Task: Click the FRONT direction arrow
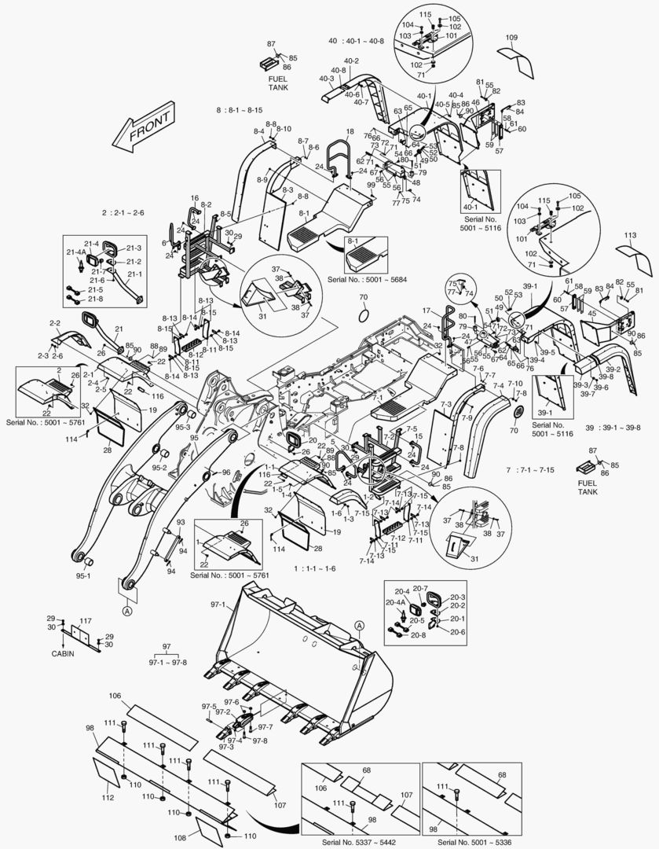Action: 144,130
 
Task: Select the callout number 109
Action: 511,38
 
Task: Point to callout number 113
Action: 629,235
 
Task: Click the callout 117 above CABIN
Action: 86,621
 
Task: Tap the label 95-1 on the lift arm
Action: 83,576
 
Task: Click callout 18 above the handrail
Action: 350,131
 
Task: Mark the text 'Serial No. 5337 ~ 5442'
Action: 361,843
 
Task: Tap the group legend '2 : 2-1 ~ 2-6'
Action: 123,212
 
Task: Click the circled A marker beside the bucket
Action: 359,625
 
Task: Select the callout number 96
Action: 225,472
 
